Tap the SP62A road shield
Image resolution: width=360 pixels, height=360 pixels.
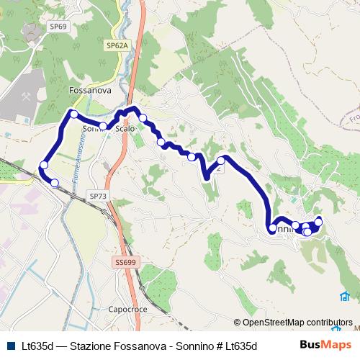117,45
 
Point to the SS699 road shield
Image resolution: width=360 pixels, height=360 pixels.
125,263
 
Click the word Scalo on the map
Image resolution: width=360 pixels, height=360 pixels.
125,128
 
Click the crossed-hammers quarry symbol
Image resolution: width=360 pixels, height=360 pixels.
25,94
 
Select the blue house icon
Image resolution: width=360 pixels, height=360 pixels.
346,296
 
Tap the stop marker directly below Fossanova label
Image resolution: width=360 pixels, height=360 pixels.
73,114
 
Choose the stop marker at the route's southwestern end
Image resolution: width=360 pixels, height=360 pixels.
54,182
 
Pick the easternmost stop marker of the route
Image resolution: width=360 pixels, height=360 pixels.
319,220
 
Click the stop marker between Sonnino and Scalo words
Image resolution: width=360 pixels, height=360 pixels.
104,127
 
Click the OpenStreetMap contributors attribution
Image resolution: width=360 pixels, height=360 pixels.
293,323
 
